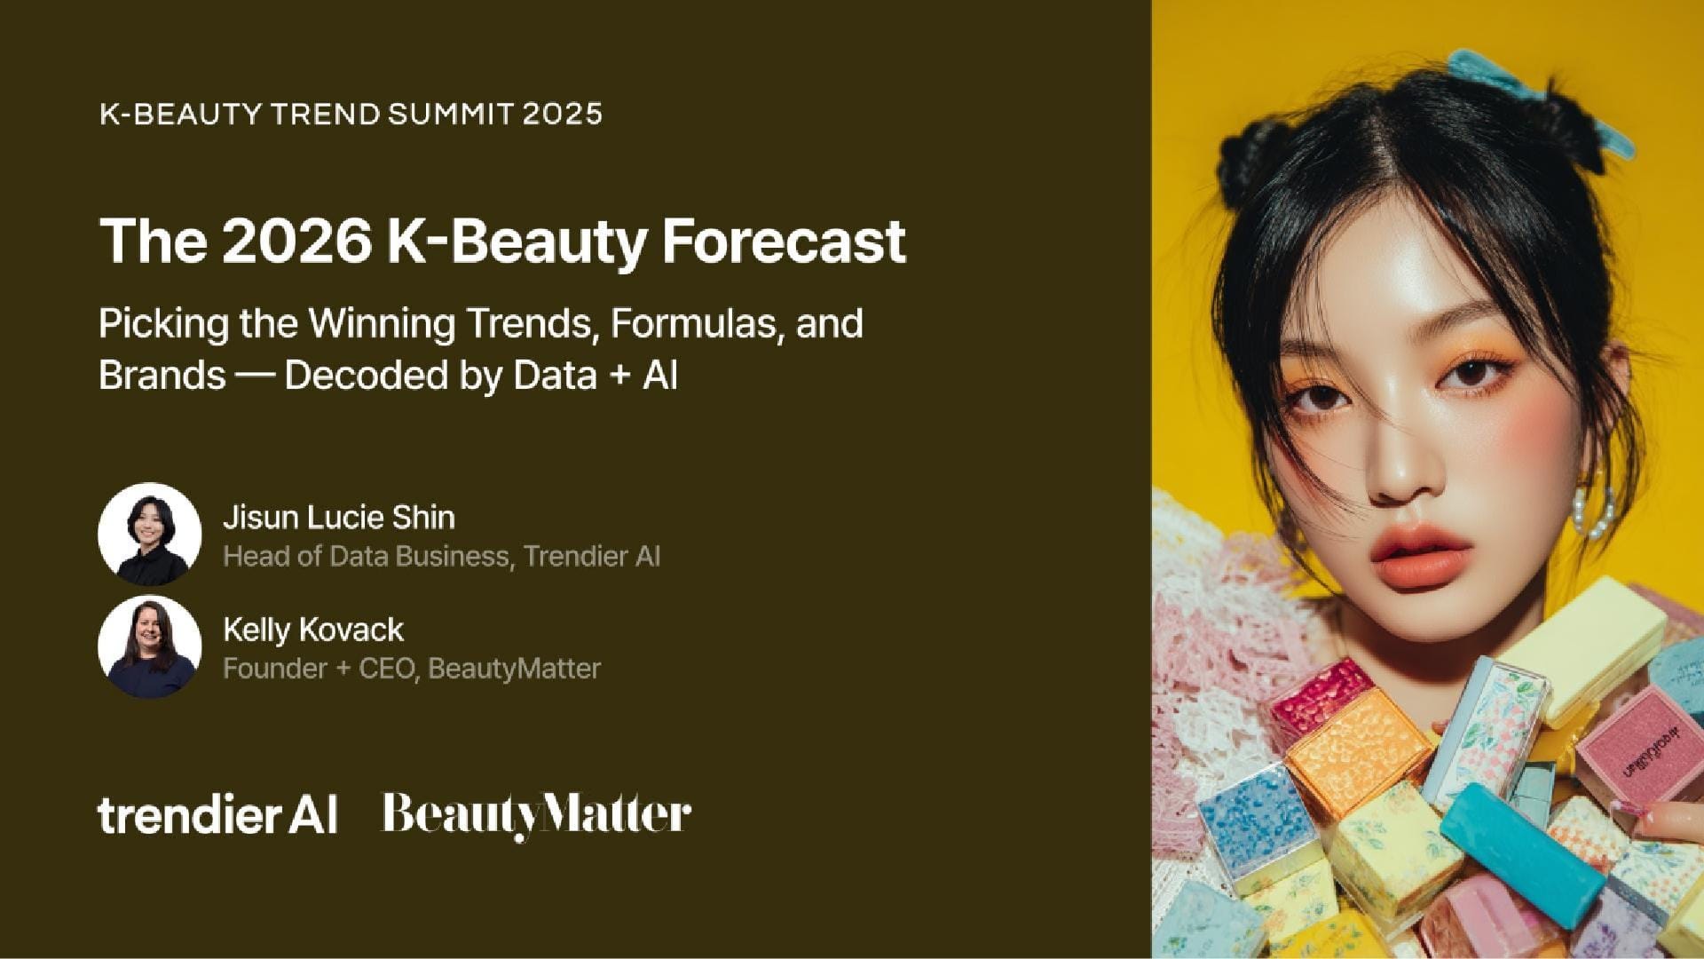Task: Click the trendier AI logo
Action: click(217, 814)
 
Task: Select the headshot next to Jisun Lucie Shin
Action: click(149, 534)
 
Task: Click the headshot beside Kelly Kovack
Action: click(149, 646)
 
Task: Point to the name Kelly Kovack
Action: click(313, 630)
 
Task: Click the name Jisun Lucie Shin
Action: click(339, 517)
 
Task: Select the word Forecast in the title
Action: click(785, 241)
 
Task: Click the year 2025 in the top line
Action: click(563, 114)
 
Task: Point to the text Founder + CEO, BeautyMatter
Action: click(412, 668)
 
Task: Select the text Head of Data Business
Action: click(366, 556)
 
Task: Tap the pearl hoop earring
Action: click(1596, 506)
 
